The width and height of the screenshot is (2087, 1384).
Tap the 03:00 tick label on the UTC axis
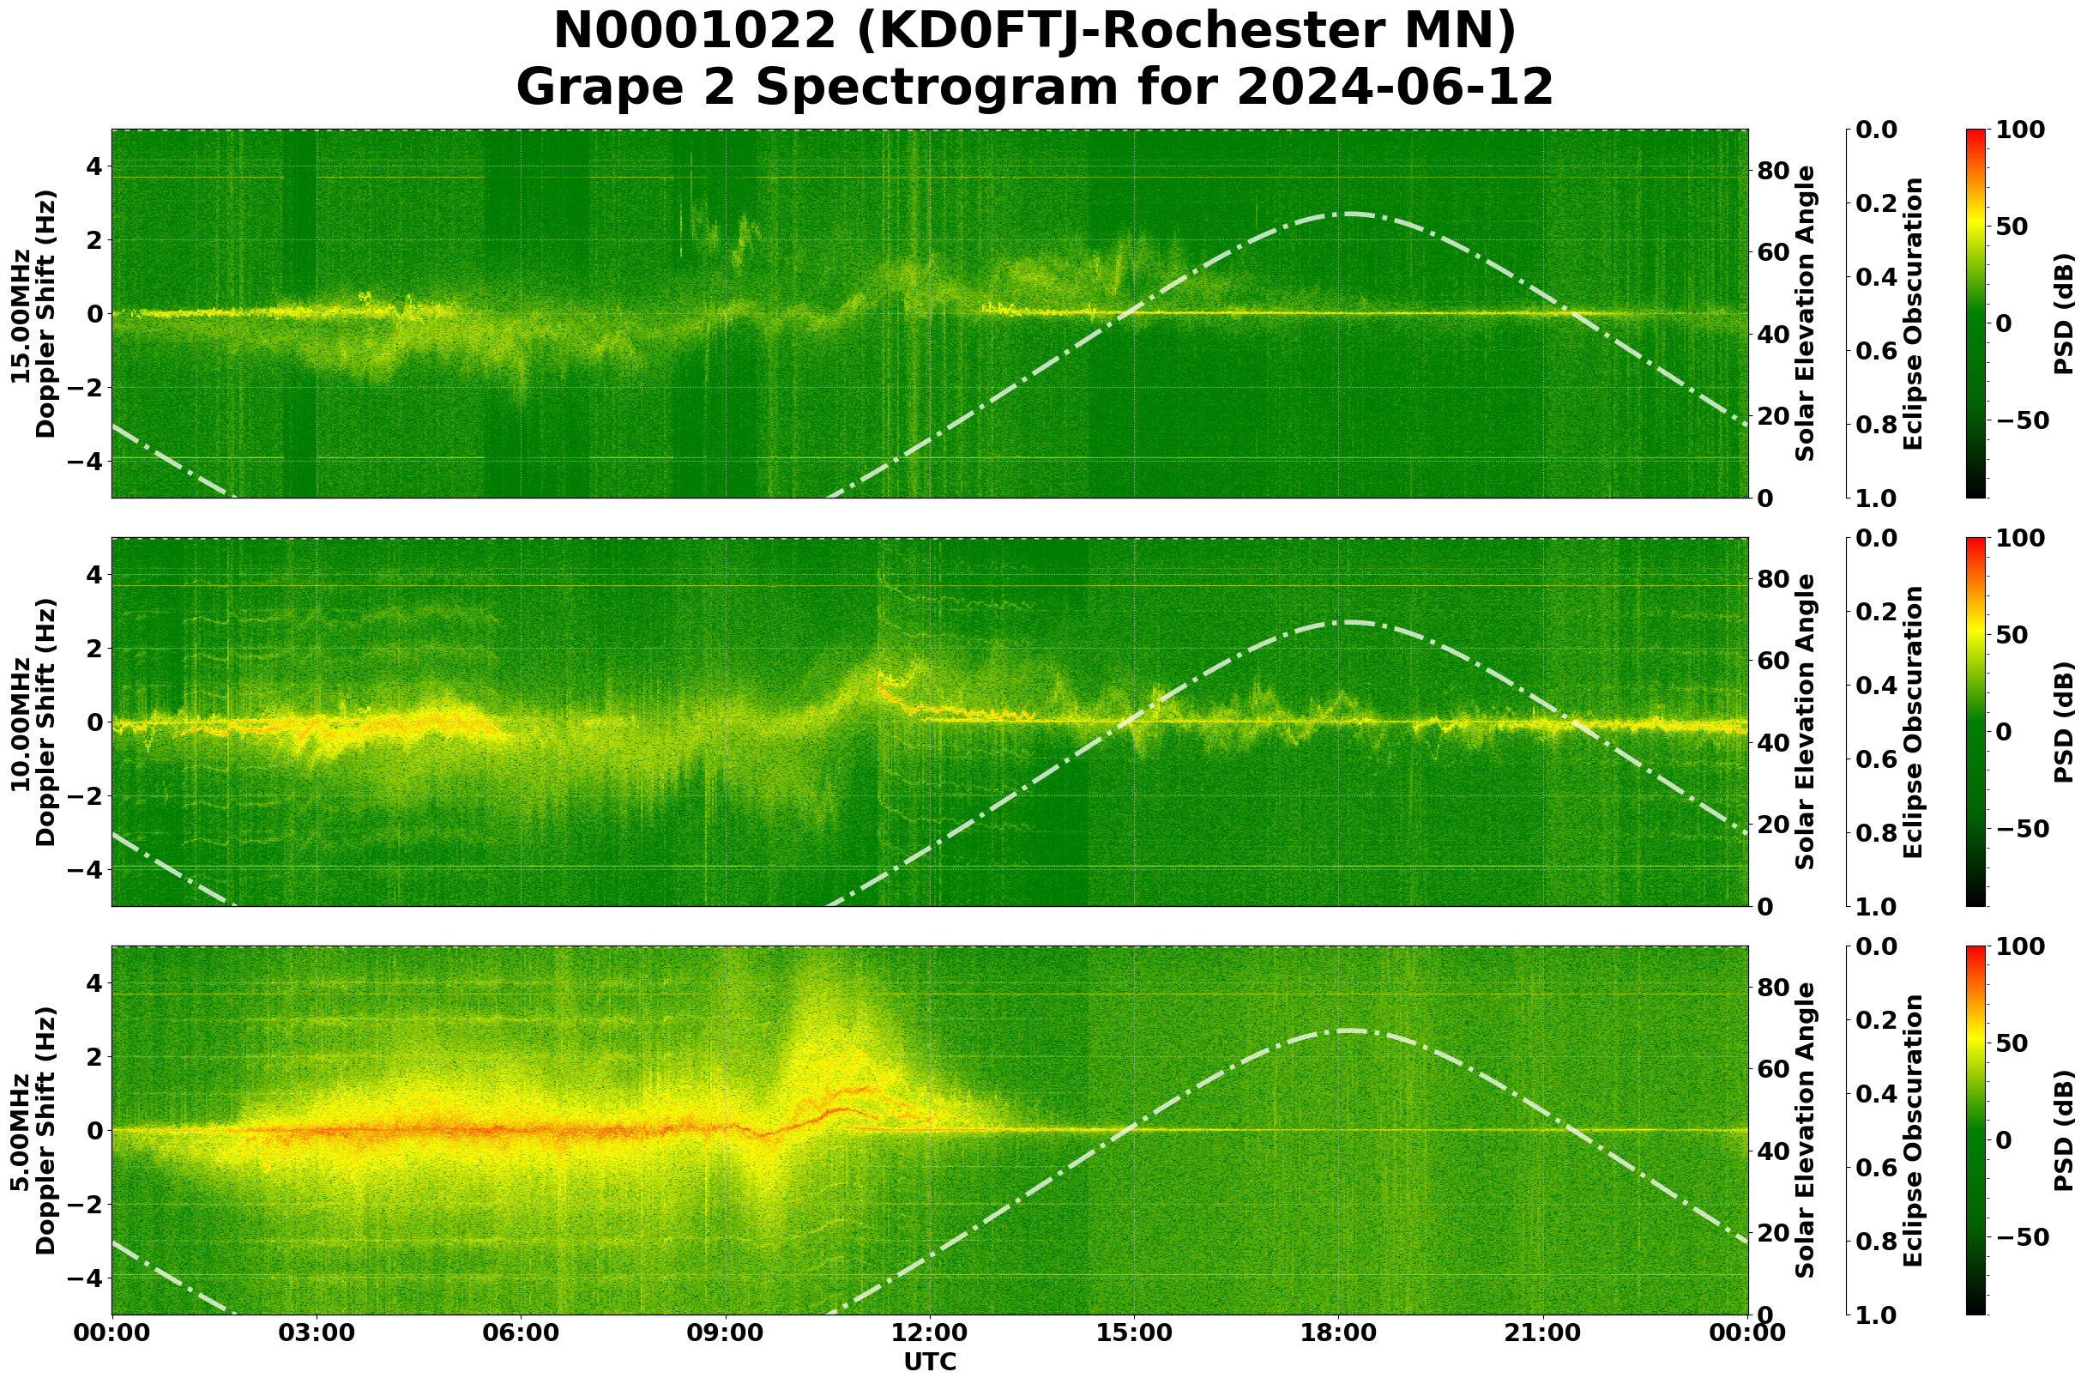[x=316, y=1333]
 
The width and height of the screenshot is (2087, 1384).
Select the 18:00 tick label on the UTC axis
[x=1338, y=1333]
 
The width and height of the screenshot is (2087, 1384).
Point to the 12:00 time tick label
[x=929, y=1333]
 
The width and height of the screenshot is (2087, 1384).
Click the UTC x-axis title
[x=929, y=1362]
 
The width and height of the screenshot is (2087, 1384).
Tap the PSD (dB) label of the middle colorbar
[x=2063, y=722]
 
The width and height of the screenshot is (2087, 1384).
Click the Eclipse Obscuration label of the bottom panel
[x=1913, y=1131]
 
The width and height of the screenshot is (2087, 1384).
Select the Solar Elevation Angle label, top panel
[x=1806, y=314]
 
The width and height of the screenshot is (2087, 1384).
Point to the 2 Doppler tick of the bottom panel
[x=93, y=1056]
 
